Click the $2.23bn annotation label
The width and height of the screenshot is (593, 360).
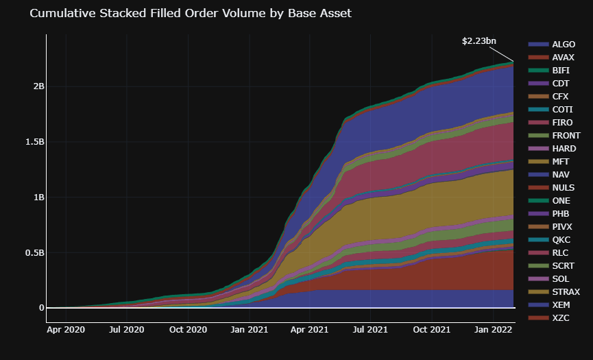click(479, 41)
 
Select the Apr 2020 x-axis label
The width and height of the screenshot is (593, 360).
click(66, 330)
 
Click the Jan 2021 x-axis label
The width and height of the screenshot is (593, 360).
click(249, 330)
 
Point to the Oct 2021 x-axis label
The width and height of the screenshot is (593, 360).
click(431, 330)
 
